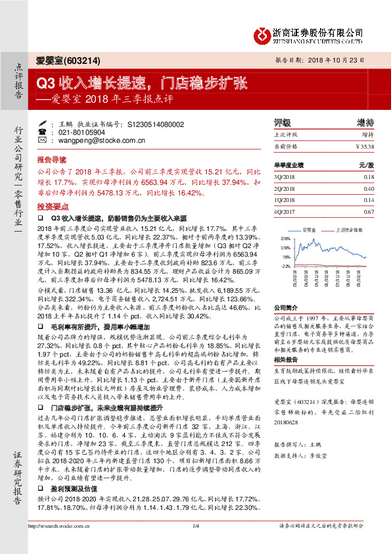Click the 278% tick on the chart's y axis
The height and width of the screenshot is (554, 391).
pyautogui.click(x=285, y=238)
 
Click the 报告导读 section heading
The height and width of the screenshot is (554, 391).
pyautogui.click(x=51, y=160)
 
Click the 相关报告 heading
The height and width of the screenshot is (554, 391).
pyautogui.click(x=286, y=361)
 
